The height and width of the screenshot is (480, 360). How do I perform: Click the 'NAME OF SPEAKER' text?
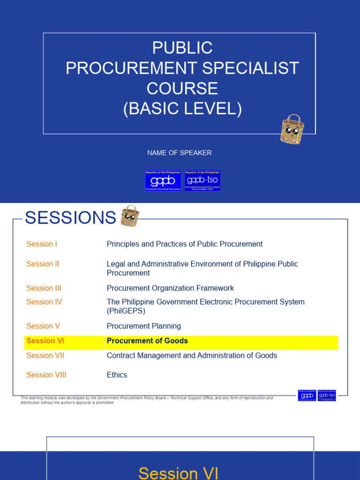[x=180, y=153]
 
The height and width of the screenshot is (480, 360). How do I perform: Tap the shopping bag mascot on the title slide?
[x=292, y=129]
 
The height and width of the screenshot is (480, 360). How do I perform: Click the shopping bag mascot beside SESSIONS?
[x=129, y=216]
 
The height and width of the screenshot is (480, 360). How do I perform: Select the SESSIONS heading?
[x=70, y=218]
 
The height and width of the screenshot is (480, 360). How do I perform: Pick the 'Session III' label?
[x=44, y=288]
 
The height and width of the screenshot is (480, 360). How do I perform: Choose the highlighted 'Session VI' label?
[x=45, y=341]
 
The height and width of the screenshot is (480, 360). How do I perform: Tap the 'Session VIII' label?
[x=46, y=375]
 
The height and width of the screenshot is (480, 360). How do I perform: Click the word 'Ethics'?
[x=117, y=375]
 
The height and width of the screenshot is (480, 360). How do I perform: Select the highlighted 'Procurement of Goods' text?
[x=147, y=341]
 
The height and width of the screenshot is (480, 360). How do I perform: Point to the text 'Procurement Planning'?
[x=143, y=326]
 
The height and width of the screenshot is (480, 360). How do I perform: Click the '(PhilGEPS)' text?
[x=126, y=311]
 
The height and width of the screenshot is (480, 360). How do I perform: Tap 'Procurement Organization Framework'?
[x=170, y=288]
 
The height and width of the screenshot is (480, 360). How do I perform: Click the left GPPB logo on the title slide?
[x=163, y=180]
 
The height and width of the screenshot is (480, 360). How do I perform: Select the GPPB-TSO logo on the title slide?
[x=202, y=180]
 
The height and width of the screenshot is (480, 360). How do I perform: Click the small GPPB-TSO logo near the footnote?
[x=327, y=396]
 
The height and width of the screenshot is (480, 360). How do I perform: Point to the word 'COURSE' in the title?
[x=182, y=89]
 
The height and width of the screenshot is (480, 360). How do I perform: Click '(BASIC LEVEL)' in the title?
[x=182, y=109]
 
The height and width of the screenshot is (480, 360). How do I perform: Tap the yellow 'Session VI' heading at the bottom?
[x=179, y=472]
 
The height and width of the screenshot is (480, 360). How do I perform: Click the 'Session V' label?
[x=43, y=326]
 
